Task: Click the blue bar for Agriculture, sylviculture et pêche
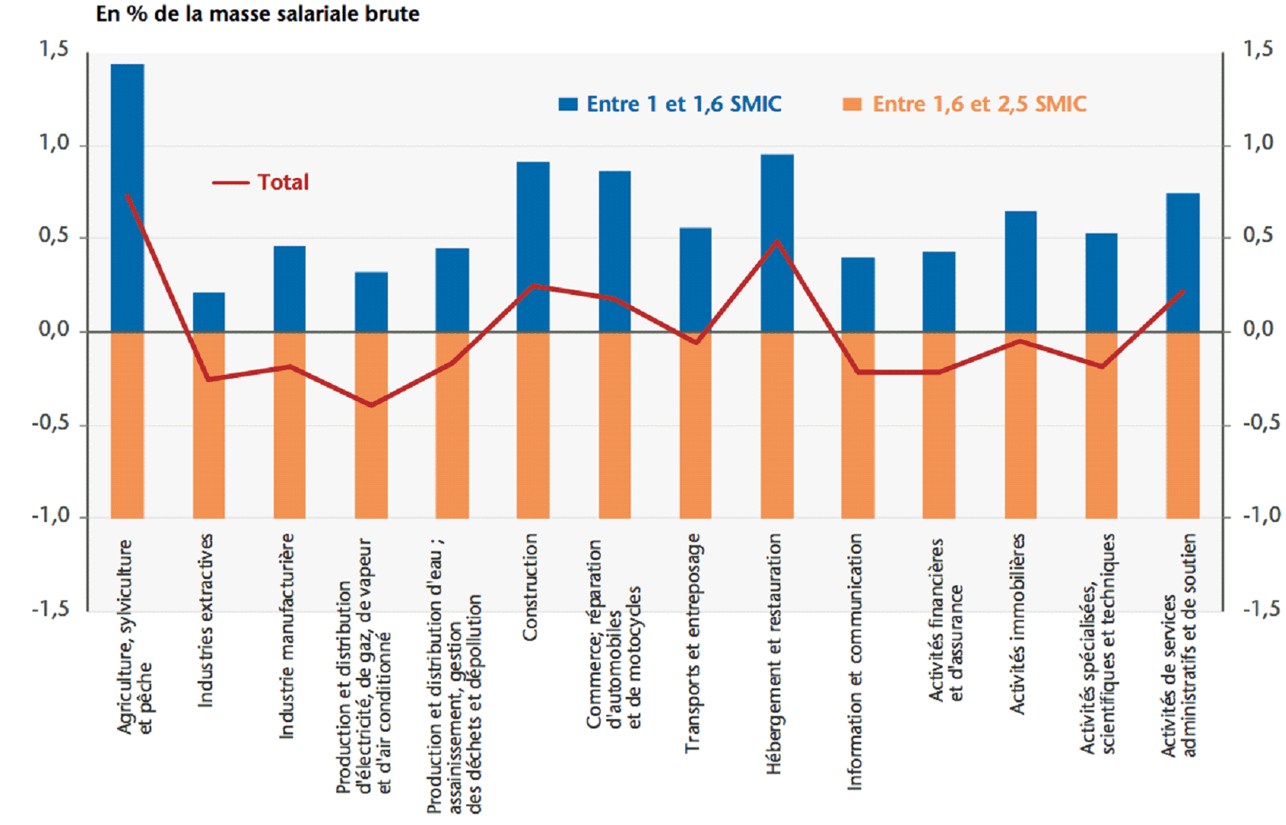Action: coord(127,198)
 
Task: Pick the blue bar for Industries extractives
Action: coord(209,312)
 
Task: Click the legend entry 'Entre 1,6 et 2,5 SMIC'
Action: coord(965,104)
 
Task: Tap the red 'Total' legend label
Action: coord(283,183)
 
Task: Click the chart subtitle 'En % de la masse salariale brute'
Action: coord(257,13)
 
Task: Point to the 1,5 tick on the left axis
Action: coord(54,50)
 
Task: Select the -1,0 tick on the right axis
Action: coord(1261,516)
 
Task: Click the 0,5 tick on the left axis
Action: coord(54,237)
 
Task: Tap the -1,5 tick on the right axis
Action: coord(1261,609)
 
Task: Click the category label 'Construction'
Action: coord(530,587)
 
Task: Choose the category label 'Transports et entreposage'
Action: coord(692,642)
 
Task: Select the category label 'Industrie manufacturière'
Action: coord(287,636)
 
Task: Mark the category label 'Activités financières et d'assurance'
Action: coord(946,620)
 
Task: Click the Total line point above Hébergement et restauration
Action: coord(776,240)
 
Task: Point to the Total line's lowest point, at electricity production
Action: coord(370,405)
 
